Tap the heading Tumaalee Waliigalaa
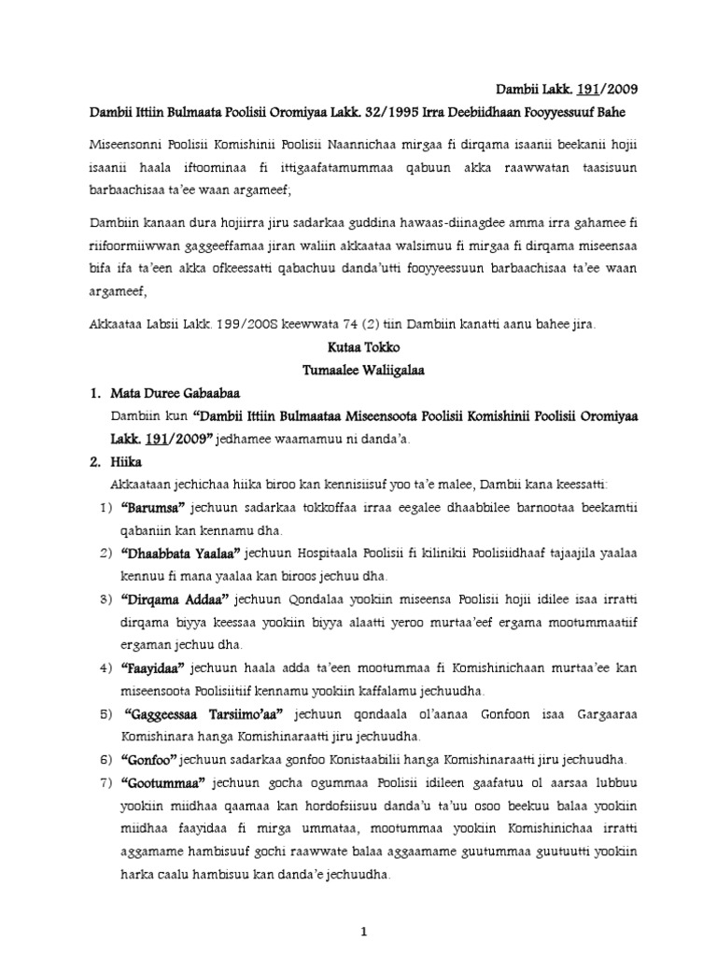click(358, 371)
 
